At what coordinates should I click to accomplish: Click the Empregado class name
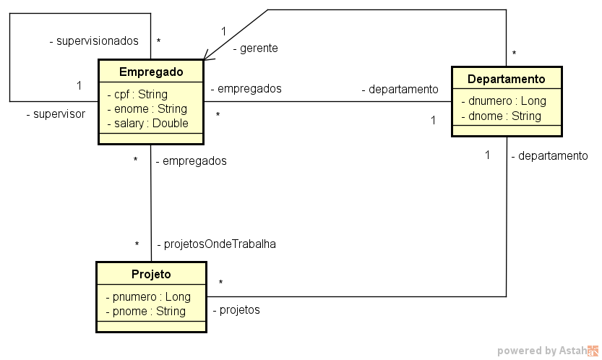click(x=151, y=72)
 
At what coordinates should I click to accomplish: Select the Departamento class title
click(x=506, y=79)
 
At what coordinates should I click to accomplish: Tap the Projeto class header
click(x=151, y=274)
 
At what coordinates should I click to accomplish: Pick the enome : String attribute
click(x=147, y=108)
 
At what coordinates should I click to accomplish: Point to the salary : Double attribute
click(x=147, y=123)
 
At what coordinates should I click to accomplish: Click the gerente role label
click(x=255, y=48)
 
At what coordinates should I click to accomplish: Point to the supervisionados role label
click(x=93, y=41)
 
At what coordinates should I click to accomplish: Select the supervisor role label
click(x=55, y=113)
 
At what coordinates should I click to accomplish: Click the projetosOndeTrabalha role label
click(x=216, y=244)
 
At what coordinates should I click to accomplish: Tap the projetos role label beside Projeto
click(x=236, y=310)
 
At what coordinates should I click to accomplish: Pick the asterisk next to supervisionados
click(x=158, y=42)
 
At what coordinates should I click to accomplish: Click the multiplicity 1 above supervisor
click(x=79, y=86)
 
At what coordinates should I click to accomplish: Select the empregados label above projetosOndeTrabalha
click(x=191, y=160)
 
